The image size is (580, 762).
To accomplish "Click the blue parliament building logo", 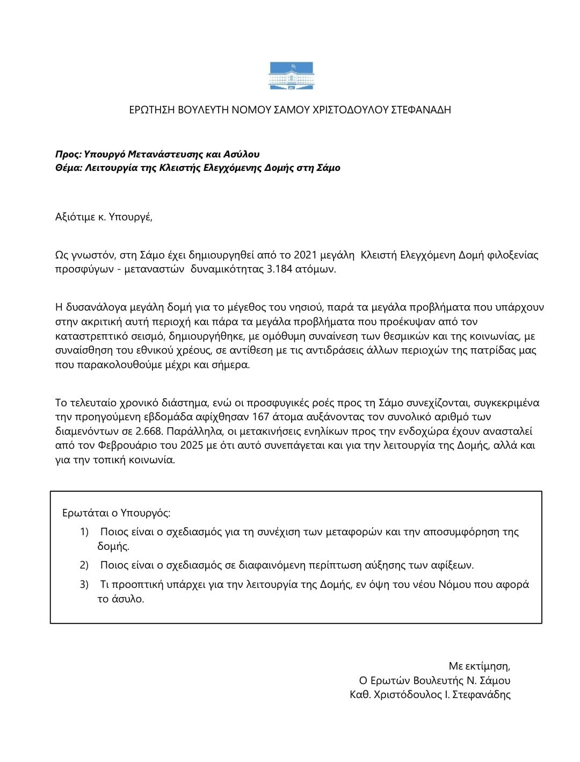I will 291,76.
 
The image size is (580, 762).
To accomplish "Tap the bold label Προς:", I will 68,154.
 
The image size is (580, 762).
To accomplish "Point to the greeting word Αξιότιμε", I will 75,217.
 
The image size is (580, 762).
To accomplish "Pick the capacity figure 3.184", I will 279,269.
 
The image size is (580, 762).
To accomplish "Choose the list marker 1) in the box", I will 84,532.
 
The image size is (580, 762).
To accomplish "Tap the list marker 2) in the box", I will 84,565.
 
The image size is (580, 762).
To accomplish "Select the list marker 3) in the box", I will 84,584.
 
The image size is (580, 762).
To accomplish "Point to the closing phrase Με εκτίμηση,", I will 479,666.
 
